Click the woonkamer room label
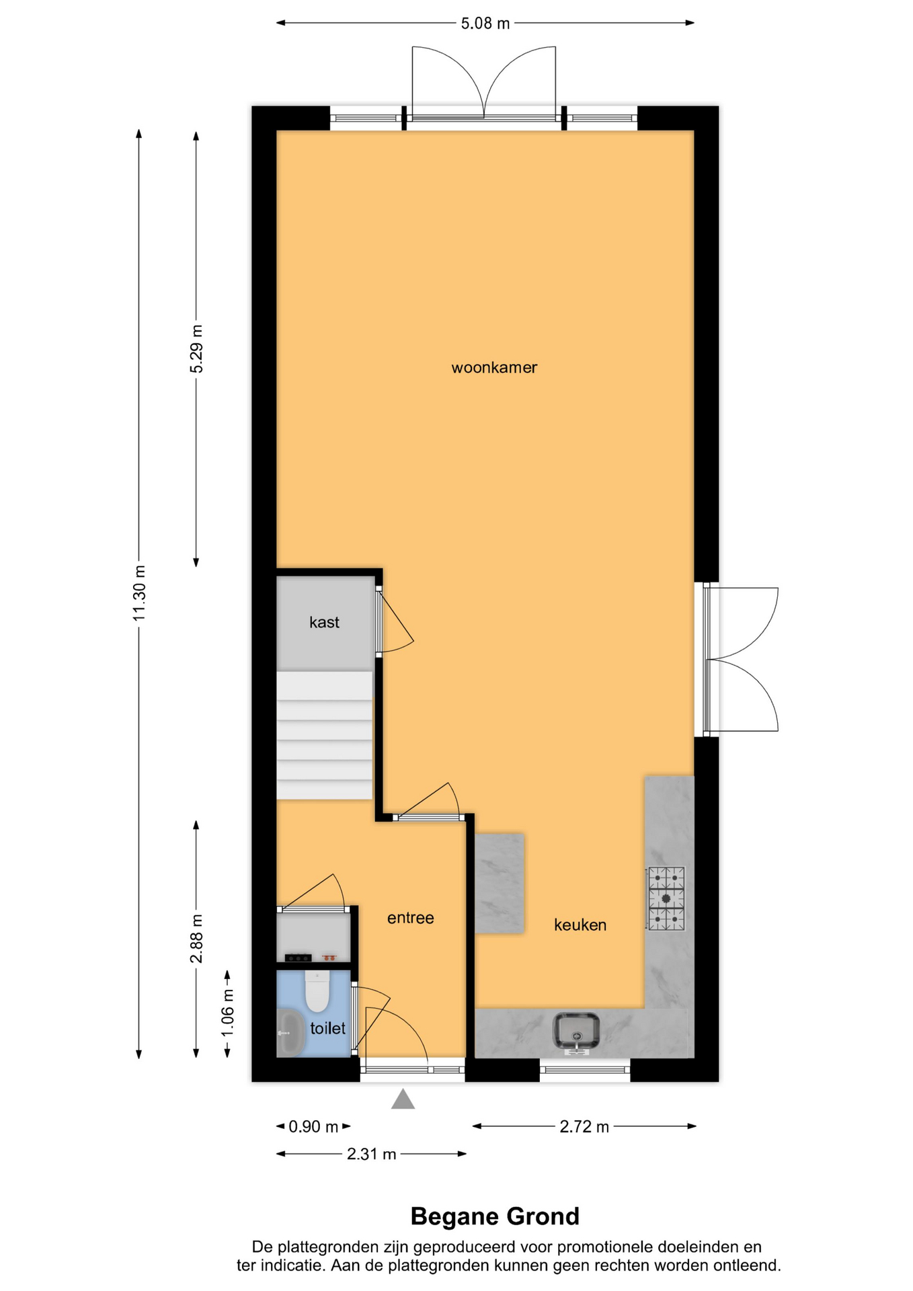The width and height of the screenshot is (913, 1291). tap(494, 368)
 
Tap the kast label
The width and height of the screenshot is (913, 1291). tap(324, 623)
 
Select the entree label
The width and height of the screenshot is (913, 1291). tap(410, 918)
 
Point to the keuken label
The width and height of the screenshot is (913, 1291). tap(580, 925)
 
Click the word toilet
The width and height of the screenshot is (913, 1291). tap(327, 1028)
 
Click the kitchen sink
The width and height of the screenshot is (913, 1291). tap(575, 1031)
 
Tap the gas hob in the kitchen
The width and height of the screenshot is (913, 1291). tap(666, 898)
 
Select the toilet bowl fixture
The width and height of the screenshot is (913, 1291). tap(317, 990)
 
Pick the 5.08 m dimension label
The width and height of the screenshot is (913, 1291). tap(485, 24)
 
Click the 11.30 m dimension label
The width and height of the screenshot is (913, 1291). tap(139, 593)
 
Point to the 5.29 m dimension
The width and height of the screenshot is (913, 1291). tap(196, 349)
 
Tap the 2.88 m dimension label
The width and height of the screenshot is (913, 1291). tap(196, 939)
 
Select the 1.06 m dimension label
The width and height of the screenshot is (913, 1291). tap(227, 1013)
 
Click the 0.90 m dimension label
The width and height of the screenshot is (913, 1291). tap(313, 1126)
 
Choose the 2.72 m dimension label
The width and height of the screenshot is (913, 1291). tap(584, 1126)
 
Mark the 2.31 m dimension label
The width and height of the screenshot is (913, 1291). tap(371, 1155)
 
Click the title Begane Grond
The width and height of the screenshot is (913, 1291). tap(495, 1216)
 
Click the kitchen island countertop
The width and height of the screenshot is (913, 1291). tap(500, 884)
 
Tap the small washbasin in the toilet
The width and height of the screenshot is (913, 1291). tap(290, 1033)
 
